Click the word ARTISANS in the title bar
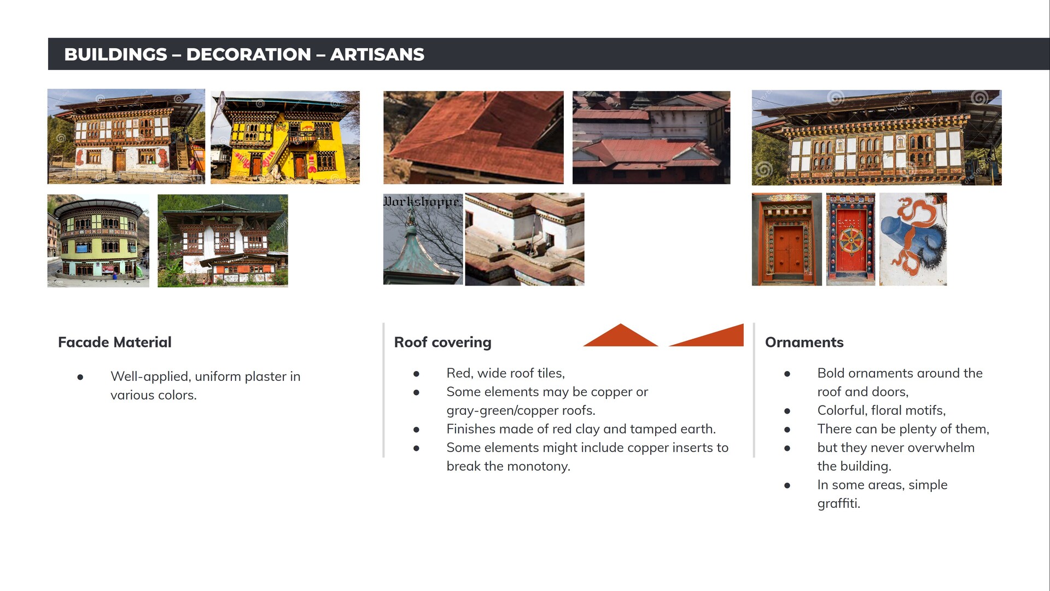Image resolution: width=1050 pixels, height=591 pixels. (377, 55)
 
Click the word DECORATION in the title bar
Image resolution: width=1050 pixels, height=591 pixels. (248, 55)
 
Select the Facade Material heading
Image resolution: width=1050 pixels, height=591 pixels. (115, 342)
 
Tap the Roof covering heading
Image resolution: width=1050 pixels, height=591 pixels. (443, 343)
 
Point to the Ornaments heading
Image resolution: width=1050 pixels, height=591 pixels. (804, 342)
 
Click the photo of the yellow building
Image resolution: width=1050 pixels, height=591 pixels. (285, 137)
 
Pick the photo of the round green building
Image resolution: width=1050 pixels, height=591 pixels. (98, 241)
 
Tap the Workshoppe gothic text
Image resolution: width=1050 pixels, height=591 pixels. (422, 201)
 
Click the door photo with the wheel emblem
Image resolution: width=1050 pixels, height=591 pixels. (850, 239)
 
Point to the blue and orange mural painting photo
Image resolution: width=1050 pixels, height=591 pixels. (913, 239)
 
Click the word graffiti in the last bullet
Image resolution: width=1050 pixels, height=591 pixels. (839, 503)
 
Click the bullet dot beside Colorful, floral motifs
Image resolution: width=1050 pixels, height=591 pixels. (787, 411)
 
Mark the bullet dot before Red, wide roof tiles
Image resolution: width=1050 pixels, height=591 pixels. (416, 374)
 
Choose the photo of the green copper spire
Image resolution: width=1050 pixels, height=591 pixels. (423, 239)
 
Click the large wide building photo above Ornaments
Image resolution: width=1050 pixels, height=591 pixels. (877, 137)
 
